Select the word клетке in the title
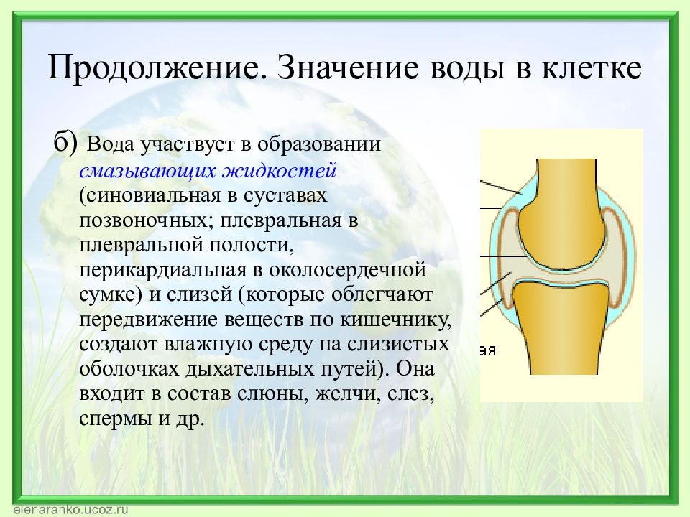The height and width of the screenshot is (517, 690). click(592, 68)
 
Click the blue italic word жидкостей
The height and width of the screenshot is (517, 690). click(279, 170)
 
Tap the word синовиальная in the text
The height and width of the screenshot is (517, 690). click(153, 195)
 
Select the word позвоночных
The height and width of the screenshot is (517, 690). click(145, 220)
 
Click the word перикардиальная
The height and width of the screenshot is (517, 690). click(163, 269)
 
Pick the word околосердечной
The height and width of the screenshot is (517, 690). click(348, 269)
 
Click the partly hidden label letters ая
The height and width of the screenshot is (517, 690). click(487, 351)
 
